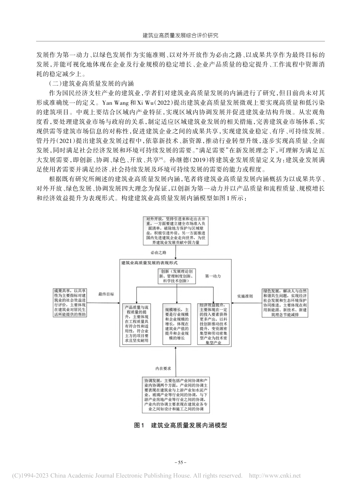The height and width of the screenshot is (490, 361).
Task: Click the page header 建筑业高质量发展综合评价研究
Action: click(x=180, y=35)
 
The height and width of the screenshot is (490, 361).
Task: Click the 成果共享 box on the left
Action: click(x=70, y=302)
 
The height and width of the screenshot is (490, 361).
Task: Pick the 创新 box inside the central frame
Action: click(x=176, y=276)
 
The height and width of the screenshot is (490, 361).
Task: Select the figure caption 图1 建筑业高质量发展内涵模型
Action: click(x=180, y=426)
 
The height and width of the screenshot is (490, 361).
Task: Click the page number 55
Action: click(x=180, y=463)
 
